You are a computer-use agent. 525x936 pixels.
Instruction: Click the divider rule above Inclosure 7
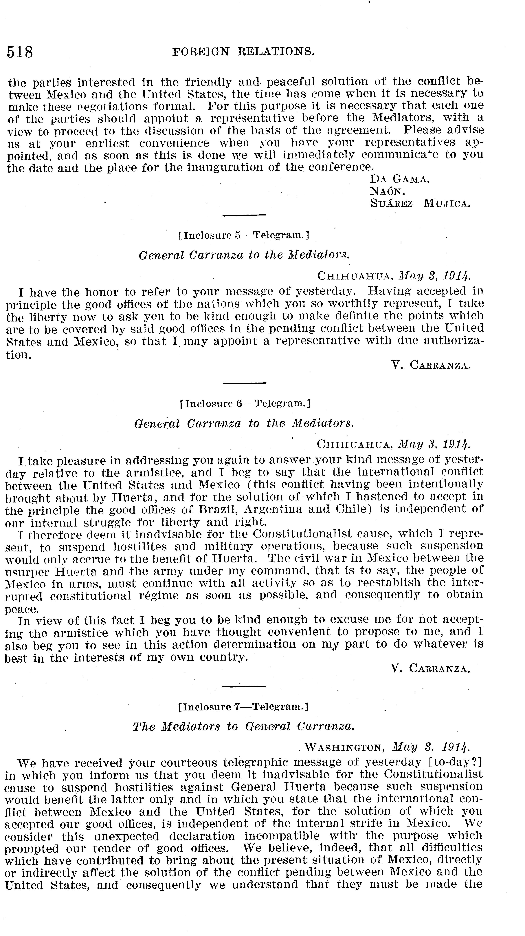point(243,686)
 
